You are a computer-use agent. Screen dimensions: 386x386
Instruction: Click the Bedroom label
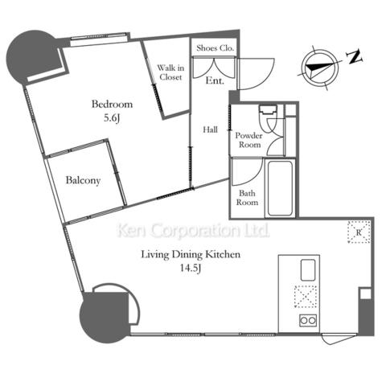[112, 104]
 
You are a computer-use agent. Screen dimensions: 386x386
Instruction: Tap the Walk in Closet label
[170, 72]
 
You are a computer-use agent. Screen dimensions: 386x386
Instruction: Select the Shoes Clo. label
[215, 48]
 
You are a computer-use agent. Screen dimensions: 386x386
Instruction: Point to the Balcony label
[83, 180]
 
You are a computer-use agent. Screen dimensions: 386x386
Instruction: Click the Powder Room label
[249, 140]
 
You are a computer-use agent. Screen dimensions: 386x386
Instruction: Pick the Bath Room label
[247, 198]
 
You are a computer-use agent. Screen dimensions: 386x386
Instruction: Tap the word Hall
[210, 129]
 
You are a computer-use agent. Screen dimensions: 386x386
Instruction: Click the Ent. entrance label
[215, 80]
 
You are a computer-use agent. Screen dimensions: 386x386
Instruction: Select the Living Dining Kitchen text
[191, 254]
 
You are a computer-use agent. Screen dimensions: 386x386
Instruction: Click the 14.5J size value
[191, 268]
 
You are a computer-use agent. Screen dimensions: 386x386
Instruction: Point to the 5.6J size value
[112, 118]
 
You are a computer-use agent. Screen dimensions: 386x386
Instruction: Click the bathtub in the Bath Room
[280, 188]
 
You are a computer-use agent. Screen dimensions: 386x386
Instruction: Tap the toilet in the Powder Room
[268, 115]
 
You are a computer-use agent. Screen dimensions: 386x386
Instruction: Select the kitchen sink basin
[308, 269]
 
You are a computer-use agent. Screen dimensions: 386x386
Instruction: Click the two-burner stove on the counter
[308, 320]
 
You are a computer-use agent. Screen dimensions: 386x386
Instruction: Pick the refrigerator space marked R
[359, 232]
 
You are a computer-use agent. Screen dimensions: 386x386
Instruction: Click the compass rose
[319, 68]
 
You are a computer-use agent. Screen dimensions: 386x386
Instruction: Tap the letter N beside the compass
[355, 57]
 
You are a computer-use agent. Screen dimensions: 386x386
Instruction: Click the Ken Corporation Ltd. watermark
[193, 231]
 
